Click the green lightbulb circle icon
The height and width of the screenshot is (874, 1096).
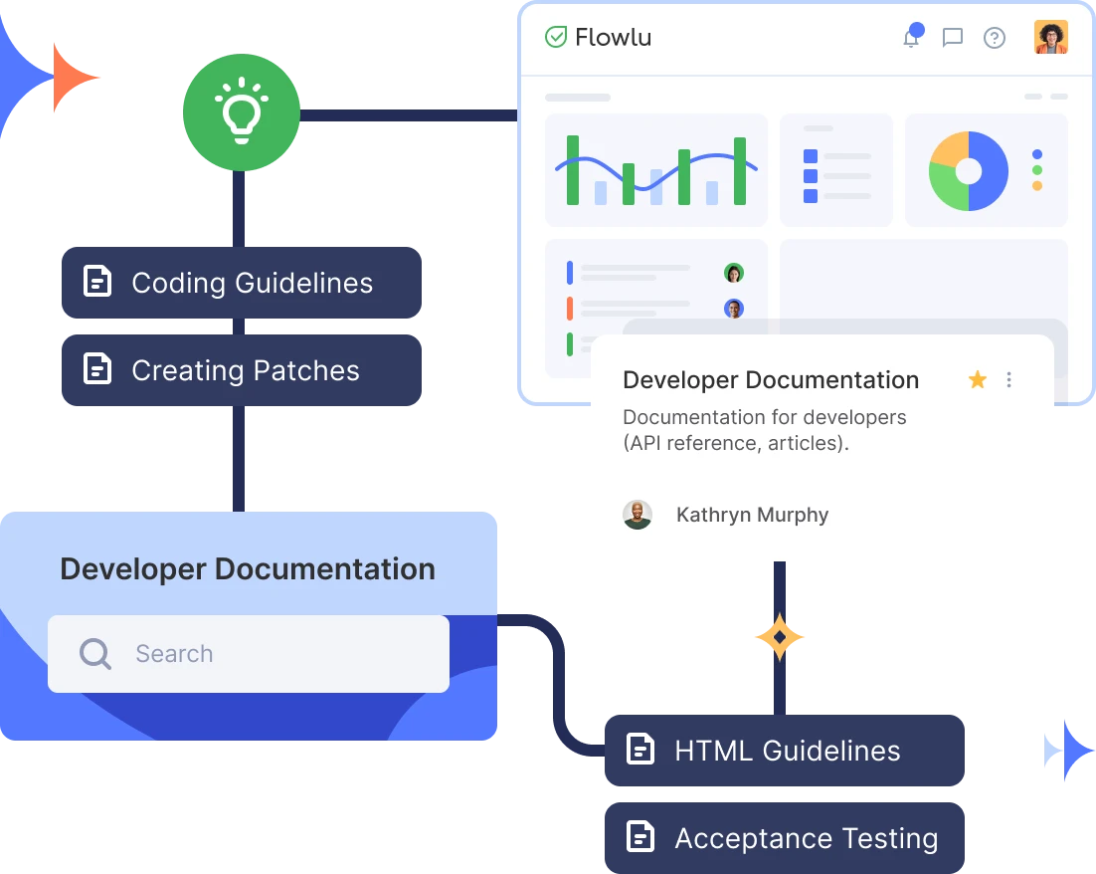[242, 114]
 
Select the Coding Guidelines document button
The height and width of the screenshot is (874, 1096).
[242, 283]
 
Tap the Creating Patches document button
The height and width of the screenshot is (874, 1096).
[242, 370]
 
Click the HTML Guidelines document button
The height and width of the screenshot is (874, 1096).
[786, 751]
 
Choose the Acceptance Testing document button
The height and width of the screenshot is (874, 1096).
[786, 838]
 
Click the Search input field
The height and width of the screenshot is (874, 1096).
[249, 654]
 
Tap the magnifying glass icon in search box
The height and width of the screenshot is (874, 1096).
[95, 654]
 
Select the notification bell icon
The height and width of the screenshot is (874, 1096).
[910, 38]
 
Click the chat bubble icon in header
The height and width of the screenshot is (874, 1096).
[953, 38]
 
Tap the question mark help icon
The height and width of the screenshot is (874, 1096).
[995, 38]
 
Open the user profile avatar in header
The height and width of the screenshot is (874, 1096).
[1050, 38]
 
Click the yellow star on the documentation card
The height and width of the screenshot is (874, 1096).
[978, 379]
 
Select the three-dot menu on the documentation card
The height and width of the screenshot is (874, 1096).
[1009, 379]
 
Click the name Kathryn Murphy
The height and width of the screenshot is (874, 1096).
[752, 515]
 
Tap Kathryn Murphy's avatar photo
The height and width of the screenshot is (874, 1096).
[638, 515]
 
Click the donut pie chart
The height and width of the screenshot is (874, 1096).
[969, 171]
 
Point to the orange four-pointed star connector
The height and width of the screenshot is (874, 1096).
[779, 637]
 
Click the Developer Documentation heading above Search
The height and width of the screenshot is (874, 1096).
[248, 569]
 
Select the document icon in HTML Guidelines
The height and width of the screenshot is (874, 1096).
[640, 750]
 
